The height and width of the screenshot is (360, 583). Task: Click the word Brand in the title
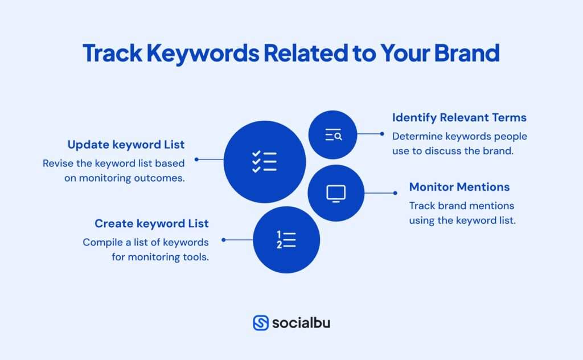pos(467,52)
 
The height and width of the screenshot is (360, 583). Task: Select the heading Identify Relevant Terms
pos(459,118)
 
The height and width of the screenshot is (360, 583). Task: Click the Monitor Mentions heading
pos(459,187)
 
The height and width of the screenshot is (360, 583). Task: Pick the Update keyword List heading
pos(126,144)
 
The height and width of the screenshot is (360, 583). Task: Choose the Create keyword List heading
pos(151,223)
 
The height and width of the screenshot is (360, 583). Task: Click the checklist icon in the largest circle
pos(264,161)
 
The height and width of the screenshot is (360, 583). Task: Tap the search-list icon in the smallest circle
pos(333,135)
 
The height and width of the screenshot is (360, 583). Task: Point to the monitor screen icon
pos(336,193)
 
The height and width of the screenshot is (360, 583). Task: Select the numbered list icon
pos(286,240)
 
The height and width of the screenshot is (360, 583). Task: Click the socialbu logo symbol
pos(261,323)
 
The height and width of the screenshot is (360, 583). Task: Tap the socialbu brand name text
pos(301,323)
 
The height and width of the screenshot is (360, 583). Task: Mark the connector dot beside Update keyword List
pos(196,159)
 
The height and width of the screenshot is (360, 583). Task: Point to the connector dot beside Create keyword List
pos(223,240)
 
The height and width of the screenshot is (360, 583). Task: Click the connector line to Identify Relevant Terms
pos(370,134)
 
